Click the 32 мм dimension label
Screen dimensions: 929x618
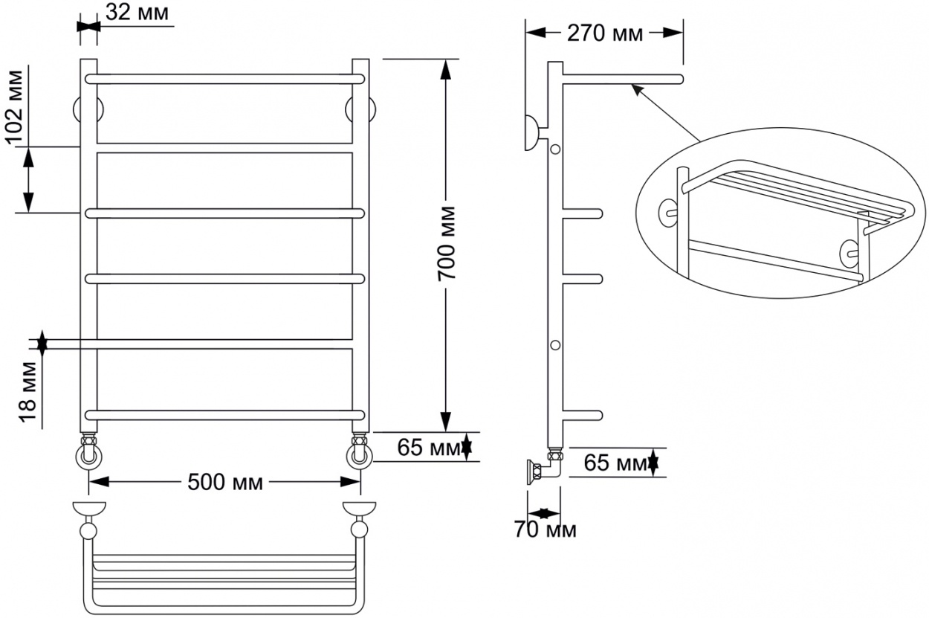tap(137, 13)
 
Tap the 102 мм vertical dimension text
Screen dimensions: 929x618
tap(15, 107)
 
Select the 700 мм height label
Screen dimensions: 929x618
tap(447, 242)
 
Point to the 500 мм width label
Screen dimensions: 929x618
tap(224, 483)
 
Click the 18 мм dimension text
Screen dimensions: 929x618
tap(27, 392)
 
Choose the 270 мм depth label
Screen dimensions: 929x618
tap(605, 33)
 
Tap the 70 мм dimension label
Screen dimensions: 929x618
tap(545, 530)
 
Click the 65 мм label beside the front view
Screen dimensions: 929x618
tap(428, 448)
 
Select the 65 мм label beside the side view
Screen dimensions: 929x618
tap(615, 463)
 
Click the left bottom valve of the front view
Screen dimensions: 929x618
tap(88, 451)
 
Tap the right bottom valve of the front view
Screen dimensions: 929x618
tap(359, 451)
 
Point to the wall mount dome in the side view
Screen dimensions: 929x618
tap(531, 133)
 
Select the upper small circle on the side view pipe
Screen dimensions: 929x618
tap(555, 149)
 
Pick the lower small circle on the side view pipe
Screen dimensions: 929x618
tap(555, 345)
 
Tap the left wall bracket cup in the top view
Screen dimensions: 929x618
tap(89, 509)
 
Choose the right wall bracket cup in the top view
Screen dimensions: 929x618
tap(359, 509)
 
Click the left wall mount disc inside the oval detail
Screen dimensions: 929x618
tap(667, 213)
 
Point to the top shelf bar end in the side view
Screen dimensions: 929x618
tap(680, 80)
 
